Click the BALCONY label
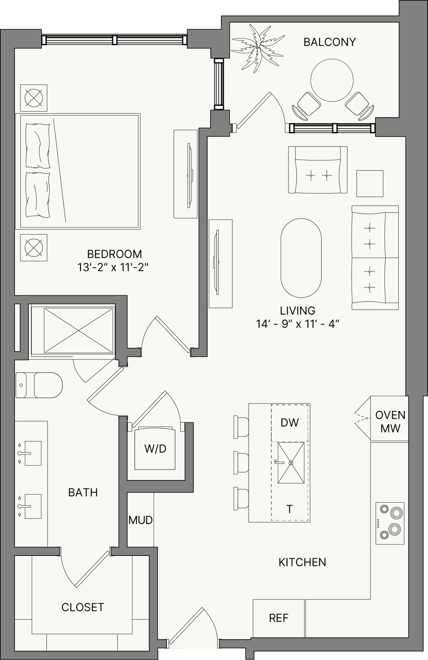pyautogui.click(x=330, y=42)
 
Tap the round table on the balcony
pyautogui.click(x=332, y=80)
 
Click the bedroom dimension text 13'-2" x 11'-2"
pyautogui.click(x=113, y=268)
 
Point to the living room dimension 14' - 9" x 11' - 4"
pyautogui.click(x=298, y=324)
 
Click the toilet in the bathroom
pyautogui.click(x=39, y=385)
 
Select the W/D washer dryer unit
pyautogui.click(x=155, y=448)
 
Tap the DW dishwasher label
pyautogui.click(x=290, y=423)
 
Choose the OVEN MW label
pyautogui.click(x=390, y=422)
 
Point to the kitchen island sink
pyautogui.click(x=291, y=463)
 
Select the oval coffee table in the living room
pyautogui.click(x=301, y=258)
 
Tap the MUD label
pyautogui.click(x=140, y=520)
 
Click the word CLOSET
pyautogui.click(x=83, y=607)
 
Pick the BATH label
pyautogui.click(x=83, y=492)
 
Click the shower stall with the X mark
pyautogui.click(x=78, y=331)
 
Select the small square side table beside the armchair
pyautogui.click(x=370, y=184)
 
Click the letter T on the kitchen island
pyautogui.click(x=289, y=509)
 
